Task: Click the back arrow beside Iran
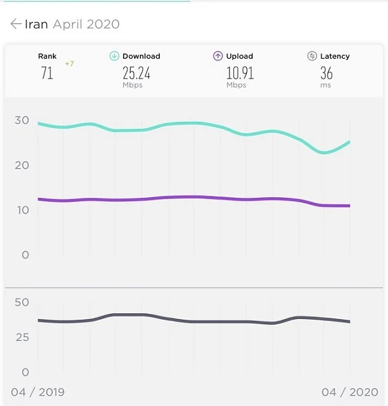pyautogui.click(x=16, y=24)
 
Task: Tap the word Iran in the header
pyautogui.click(x=37, y=24)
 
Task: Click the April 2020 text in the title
pyautogui.click(x=86, y=24)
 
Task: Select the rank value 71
pyautogui.click(x=47, y=73)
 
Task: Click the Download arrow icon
pyautogui.click(x=114, y=56)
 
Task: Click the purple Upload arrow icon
pyautogui.click(x=218, y=56)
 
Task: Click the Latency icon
pyautogui.click(x=312, y=56)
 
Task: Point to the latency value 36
pyautogui.click(x=327, y=73)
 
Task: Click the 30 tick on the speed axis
pyautogui.click(x=22, y=120)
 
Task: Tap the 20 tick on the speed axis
pyautogui.click(x=22, y=165)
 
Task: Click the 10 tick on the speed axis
pyautogui.click(x=22, y=210)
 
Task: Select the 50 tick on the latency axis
pyautogui.click(x=22, y=302)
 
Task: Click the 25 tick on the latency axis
pyautogui.click(x=22, y=337)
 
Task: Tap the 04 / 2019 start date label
pyautogui.click(x=38, y=392)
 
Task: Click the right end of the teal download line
pyautogui.click(x=349, y=142)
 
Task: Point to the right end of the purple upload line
pyautogui.click(x=349, y=206)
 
